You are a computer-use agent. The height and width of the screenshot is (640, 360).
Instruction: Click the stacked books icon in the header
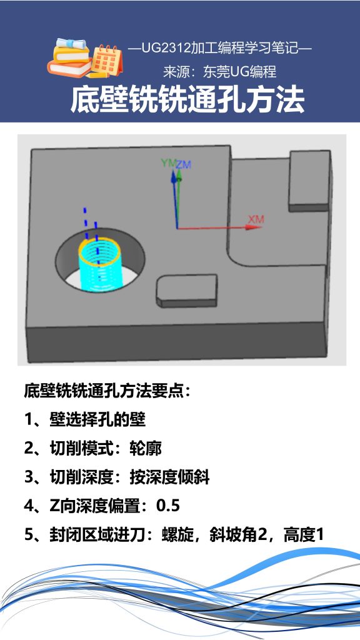tap(69, 57)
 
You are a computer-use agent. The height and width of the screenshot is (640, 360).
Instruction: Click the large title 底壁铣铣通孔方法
tap(187, 100)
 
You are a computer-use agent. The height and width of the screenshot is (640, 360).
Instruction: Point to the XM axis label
tap(256, 219)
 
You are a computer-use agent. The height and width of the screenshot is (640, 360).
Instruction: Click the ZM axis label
tap(183, 164)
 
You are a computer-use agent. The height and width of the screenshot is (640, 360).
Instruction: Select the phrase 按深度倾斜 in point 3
tap(169, 478)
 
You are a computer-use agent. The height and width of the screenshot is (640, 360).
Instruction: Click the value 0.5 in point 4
tap(168, 506)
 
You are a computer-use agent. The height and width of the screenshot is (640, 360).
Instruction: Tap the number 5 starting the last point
tap(29, 536)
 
